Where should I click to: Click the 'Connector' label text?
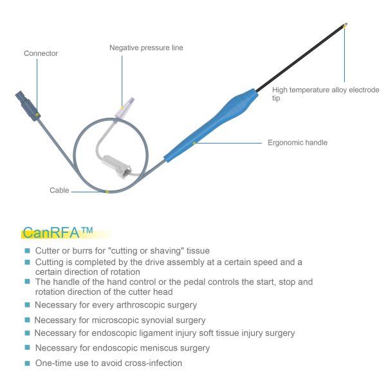[41, 53]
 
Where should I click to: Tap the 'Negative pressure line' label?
[146, 48]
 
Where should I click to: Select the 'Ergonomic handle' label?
[298, 143]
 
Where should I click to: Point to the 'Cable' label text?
[59, 190]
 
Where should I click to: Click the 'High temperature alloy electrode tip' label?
[326, 94]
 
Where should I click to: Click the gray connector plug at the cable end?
[28, 106]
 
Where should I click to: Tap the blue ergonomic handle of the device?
[211, 125]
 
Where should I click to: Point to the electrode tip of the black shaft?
[345, 25]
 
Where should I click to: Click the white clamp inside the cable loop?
[116, 166]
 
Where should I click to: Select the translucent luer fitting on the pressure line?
[125, 107]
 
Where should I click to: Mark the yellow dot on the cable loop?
[107, 192]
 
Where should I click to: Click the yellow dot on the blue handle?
[194, 143]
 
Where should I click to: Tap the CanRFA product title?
[58, 233]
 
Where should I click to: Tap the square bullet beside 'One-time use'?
[27, 363]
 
